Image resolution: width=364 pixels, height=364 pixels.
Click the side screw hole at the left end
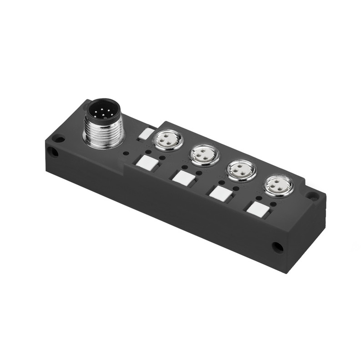coord(53,152)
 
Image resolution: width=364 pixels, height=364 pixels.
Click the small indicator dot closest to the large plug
coord(126,154)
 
